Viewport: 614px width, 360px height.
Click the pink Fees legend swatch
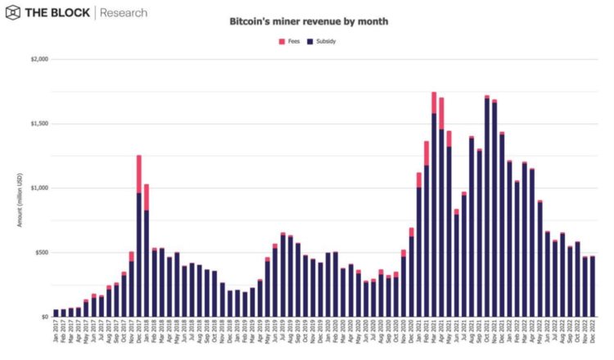[x=282, y=40]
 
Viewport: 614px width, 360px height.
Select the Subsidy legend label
[x=321, y=40]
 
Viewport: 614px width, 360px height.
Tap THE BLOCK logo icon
[x=15, y=12]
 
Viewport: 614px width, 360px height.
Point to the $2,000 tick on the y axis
[x=38, y=60]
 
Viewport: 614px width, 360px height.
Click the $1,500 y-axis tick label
[x=38, y=124]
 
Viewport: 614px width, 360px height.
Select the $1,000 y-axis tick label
[x=38, y=188]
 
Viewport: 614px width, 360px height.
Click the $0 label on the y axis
[x=44, y=317]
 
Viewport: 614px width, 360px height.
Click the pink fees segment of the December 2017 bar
[x=139, y=173]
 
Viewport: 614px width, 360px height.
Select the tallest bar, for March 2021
[x=434, y=213]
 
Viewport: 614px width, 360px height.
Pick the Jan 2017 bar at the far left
[x=56, y=313]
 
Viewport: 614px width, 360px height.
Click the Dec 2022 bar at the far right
[x=592, y=286]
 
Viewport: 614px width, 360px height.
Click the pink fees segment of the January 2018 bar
[x=147, y=196]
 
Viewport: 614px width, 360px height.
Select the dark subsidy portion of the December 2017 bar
[x=139, y=254]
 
